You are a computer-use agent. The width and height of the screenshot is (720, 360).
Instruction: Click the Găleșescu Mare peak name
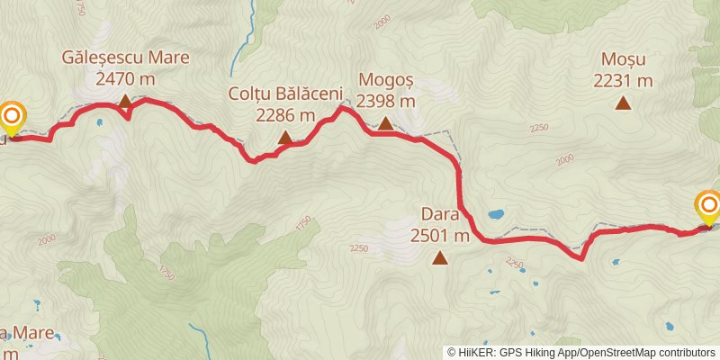pyautogui.click(x=125, y=58)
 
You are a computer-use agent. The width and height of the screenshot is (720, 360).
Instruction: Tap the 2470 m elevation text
pyautogui.click(x=125, y=78)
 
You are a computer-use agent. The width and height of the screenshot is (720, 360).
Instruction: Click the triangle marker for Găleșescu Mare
pyautogui.click(x=125, y=101)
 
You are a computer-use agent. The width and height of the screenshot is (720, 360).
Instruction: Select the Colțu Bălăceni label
pyautogui.click(x=285, y=94)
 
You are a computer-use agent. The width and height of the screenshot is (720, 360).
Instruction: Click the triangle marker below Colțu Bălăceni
pyautogui.click(x=285, y=138)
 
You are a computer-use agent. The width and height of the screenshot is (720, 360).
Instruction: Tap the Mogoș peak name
pyautogui.click(x=385, y=80)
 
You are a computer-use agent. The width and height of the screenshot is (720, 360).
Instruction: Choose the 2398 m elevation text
pyautogui.click(x=385, y=101)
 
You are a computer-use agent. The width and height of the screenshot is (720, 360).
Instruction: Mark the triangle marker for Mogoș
pyautogui.click(x=385, y=123)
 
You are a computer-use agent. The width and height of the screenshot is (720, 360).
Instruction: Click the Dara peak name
pyautogui.click(x=440, y=215)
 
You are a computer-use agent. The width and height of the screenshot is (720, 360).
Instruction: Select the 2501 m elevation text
pyautogui.click(x=440, y=236)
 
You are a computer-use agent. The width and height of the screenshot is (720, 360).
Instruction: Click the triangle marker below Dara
pyautogui.click(x=440, y=259)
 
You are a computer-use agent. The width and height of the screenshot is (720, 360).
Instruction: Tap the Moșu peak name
pyautogui.click(x=623, y=60)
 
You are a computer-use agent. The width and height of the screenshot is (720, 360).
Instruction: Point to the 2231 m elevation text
pyautogui.click(x=623, y=81)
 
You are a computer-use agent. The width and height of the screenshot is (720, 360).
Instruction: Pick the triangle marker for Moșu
pyautogui.click(x=623, y=103)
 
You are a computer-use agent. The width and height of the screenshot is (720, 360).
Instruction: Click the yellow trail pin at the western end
pyautogui.click(x=12, y=118)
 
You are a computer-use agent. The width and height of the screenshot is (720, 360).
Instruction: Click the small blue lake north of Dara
pyautogui.click(x=496, y=215)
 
